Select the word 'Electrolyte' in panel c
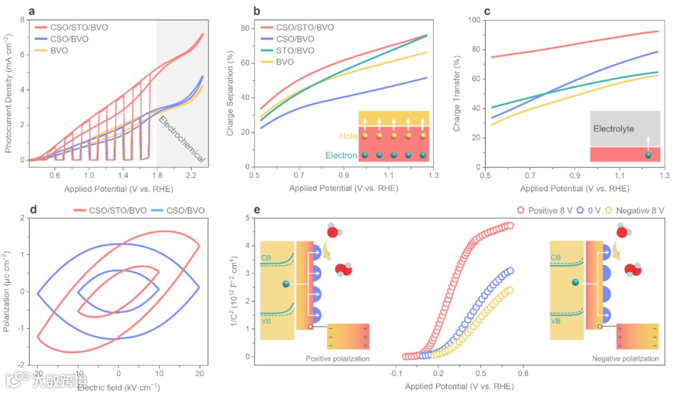pyautogui.click(x=613, y=129)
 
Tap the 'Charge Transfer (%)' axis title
pyautogui.click(x=457, y=94)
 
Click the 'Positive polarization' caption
pyautogui.click(x=338, y=359)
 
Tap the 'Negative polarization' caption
pyautogui.click(x=628, y=359)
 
